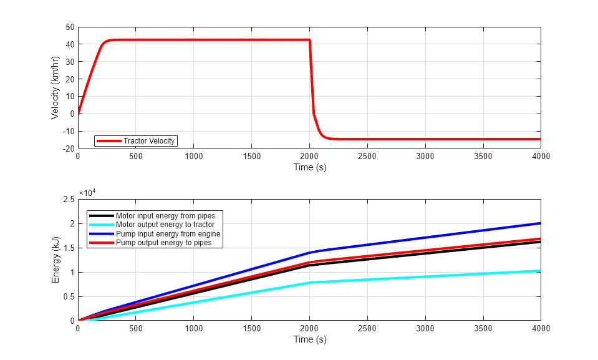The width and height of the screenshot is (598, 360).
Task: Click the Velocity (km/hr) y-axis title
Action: coord(55,87)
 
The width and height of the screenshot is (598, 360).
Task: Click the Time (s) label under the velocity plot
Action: coord(309,167)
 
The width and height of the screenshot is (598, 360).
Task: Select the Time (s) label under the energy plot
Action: coord(309,339)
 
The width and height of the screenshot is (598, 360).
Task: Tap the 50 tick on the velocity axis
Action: coord(69,27)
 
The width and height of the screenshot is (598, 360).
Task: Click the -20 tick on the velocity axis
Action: coord(68,148)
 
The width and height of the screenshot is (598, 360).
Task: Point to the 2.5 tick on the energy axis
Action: coord(68,199)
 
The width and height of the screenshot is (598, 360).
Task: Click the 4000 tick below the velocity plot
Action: coord(540,157)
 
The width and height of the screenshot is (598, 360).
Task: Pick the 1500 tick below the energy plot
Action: coord(251,329)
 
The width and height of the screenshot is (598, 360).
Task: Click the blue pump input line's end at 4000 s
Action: coord(540,223)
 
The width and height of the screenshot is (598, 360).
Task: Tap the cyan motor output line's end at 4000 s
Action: coord(540,270)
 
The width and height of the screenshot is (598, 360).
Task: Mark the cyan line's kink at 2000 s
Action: coord(310,283)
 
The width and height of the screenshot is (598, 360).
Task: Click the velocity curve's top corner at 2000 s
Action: coord(309,40)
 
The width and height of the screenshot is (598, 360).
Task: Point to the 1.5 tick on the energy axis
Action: coord(68,248)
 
